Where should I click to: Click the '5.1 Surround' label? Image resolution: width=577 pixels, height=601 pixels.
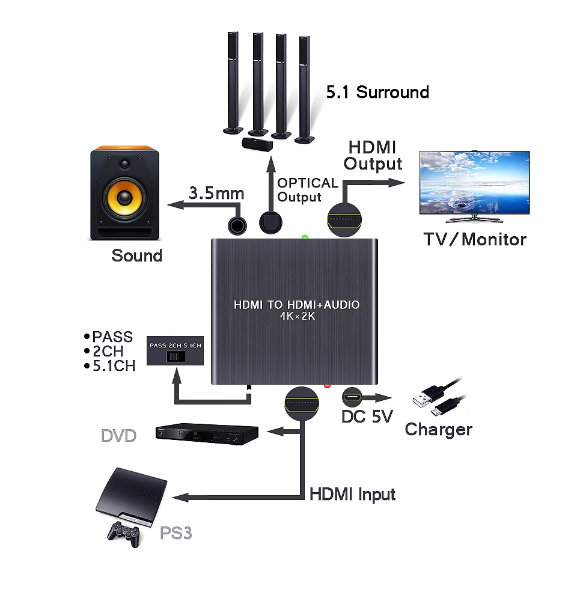coord(377,93)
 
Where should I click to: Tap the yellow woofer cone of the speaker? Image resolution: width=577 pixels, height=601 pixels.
coord(124,198)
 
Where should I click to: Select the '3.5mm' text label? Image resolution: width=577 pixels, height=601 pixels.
coord(216,193)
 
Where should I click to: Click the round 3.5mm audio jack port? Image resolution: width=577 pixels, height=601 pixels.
coord(237,226)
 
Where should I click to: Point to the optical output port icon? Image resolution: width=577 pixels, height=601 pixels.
coord(270,223)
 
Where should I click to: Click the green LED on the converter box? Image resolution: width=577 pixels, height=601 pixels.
coord(305,237)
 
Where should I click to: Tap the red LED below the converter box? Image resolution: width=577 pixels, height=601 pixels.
coord(327,386)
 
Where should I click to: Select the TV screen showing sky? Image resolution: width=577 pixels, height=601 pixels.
coord(475,183)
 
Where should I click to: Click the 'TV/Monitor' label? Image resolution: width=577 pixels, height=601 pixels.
coord(475,240)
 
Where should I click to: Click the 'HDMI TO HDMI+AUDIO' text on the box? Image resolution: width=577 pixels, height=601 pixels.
coord(297,305)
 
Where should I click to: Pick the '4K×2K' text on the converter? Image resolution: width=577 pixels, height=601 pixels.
coord(298,316)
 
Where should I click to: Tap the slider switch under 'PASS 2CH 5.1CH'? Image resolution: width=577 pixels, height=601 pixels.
coord(176,356)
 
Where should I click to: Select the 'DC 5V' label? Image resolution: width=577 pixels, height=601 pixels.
coord(367,416)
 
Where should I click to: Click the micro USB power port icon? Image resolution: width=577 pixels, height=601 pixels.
coord(352,397)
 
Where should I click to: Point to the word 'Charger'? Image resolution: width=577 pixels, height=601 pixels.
coord(438,430)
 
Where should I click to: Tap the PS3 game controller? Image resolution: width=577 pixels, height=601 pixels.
coord(123,534)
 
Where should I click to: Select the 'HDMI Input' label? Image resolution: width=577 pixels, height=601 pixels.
coord(352,495)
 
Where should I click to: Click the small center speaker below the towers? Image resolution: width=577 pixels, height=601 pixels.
coord(257,144)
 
